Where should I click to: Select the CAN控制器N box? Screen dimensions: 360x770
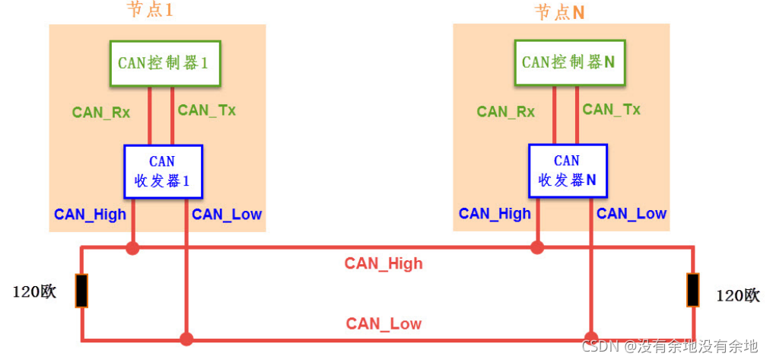click(x=568, y=62)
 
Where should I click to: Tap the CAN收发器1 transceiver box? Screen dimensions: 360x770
click(x=163, y=171)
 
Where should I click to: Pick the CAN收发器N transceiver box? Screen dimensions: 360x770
click(x=567, y=171)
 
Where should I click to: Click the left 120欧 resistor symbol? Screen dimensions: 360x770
click(x=81, y=291)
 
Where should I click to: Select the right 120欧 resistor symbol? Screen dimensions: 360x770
click(x=692, y=291)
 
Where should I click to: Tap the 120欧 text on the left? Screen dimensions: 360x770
click(x=35, y=292)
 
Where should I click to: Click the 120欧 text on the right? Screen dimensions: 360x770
click(x=737, y=296)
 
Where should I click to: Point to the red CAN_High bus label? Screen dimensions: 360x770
click(x=383, y=264)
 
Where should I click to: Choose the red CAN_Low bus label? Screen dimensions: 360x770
click(x=383, y=323)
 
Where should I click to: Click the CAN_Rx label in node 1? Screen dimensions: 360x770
click(x=101, y=113)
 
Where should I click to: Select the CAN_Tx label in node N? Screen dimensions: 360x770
click(x=611, y=110)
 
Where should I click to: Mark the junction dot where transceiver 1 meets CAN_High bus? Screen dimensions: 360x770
click(x=133, y=247)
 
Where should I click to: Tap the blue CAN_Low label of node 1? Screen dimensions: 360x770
click(x=226, y=215)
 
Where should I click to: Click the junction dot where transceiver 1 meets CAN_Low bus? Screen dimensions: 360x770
click(x=186, y=338)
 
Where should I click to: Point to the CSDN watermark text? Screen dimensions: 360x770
click(x=670, y=346)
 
